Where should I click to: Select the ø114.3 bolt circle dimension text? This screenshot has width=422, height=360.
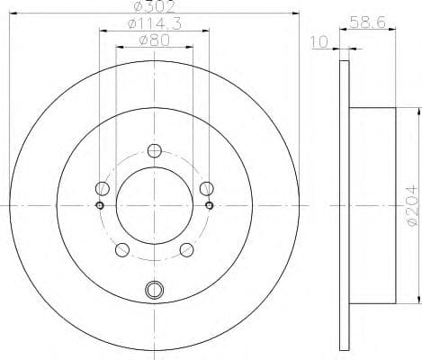pos(153,24)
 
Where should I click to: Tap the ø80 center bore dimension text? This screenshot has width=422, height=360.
pos(153,40)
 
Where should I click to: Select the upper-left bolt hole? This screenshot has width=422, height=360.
pos(102,188)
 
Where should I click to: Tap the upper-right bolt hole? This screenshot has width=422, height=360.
pos(206,188)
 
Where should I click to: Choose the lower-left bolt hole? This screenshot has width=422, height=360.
pos(121,249)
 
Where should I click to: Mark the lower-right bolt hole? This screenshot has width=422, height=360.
pos(186,249)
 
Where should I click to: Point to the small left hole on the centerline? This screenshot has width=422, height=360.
pos(99,205)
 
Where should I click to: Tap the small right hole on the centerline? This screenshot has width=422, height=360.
pos(209,205)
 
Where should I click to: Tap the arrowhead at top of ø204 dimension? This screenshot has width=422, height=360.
pos(418,112)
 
